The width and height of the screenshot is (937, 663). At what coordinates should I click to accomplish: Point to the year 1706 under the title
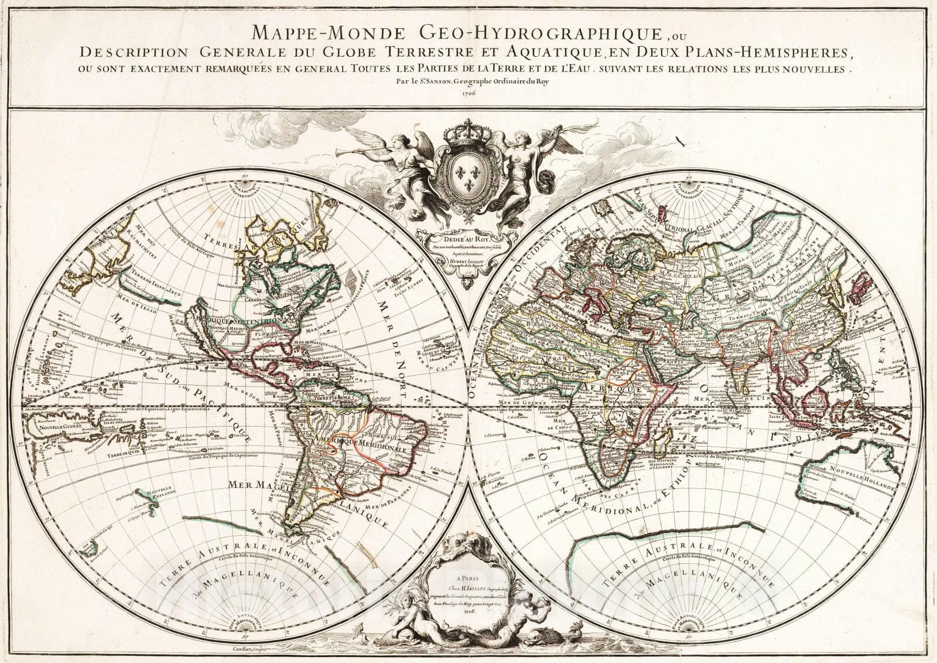click(x=468, y=94)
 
